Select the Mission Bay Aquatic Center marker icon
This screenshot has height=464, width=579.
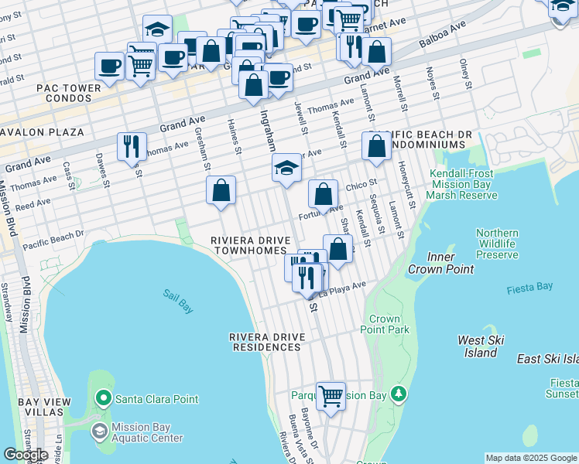coord(100,430)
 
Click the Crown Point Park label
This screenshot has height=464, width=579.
coord(385,324)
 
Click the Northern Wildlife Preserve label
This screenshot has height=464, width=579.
coord(497,244)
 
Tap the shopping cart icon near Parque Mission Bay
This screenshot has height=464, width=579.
coord(331,396)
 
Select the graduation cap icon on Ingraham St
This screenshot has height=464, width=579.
coord(286,168)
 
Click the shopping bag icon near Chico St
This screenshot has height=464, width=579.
coord(323,193)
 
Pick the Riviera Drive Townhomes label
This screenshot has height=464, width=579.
coord(253,246)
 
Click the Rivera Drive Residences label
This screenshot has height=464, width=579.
coord(266,342)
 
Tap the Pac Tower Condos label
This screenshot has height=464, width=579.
coord(68,94)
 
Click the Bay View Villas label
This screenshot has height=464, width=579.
coord(44,407)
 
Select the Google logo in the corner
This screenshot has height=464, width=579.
coord(26,455)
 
